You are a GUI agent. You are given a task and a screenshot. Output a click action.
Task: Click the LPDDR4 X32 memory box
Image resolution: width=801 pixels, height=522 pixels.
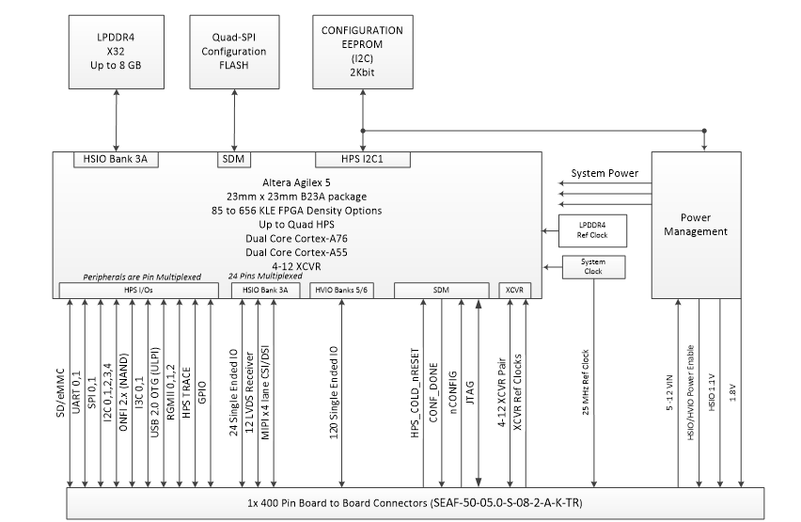click(x=116, y=52)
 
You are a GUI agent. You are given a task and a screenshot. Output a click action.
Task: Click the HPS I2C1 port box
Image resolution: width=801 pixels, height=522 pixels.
click(x=362, y=160)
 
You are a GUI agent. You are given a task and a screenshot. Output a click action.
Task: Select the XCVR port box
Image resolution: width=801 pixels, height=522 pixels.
click(x=513, y=290)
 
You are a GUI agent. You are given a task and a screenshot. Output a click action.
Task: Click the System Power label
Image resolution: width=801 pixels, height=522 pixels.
click(x=605, y=173)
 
